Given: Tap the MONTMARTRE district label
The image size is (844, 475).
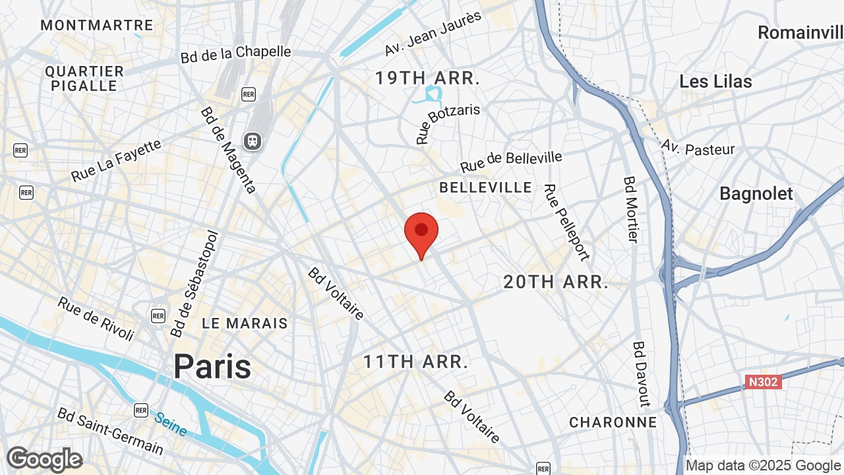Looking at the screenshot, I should pos(96,26).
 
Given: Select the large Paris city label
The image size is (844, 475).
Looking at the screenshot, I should pos(212,367).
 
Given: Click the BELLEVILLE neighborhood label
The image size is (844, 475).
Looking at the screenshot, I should pos(485,187).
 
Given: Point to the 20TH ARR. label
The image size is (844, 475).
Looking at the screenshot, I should pos(555,282).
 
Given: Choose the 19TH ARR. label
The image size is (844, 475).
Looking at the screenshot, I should pos(427,78).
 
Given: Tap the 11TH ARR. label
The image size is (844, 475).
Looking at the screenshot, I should pos(416,362).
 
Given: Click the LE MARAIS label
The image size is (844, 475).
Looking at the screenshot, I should pos(245,323).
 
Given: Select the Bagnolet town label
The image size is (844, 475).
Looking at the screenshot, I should pos(756,194).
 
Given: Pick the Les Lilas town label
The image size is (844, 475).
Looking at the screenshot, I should pos(715,82).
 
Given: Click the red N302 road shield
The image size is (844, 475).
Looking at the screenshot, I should pos(764,382).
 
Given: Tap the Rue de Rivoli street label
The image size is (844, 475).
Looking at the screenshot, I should pos(96,319).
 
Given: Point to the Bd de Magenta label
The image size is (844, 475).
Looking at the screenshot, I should pos(227,150).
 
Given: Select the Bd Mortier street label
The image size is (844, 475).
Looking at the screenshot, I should pos(630,209).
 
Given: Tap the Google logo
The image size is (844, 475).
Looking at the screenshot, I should pos(44,459).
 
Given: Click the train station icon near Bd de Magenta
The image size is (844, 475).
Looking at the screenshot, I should pos(252,141).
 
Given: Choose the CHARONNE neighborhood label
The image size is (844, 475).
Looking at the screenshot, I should pos(613,422).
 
